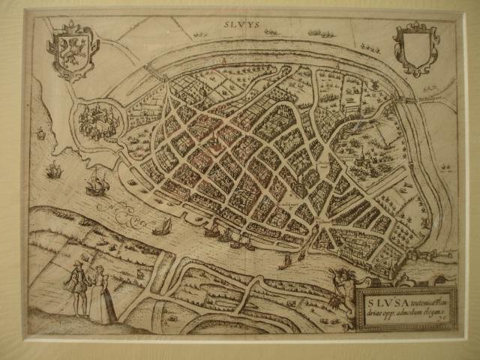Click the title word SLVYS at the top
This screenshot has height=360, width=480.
241,25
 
